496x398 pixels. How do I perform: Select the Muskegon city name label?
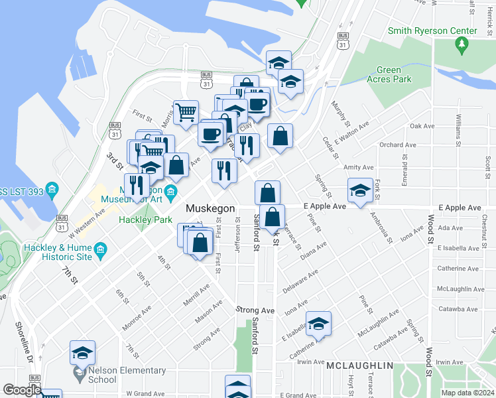pyautogui.click(x=210, y=208)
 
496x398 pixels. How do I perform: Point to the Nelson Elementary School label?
pyautogui.click(x=84, y=375)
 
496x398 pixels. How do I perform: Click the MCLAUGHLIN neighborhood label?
pyautogui.click(x=359, y=365)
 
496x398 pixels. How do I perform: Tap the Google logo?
pyautogui.click(x=22, y=390)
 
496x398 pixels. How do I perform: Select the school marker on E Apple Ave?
pyautogui.click(x=360, y=191)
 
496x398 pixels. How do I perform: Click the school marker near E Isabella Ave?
pyautogui.click(x=319, y=324)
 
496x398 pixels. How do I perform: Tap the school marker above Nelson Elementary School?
pyautogui.click(x=83, y=352)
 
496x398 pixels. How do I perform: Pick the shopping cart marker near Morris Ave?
pyautogui.click(x=186, y=112)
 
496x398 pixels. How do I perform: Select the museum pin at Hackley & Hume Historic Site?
pyautogui.click(x=101, y=249)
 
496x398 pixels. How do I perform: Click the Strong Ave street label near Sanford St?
pyautogui.click(x=255, y=310)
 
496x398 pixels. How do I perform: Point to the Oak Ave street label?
pyautogui.click(x=422, y=126)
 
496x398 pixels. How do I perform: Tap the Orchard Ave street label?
pyautogui.click(x=398, y=145)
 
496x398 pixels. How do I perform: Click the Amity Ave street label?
pyautogui.click(x=359, y=168)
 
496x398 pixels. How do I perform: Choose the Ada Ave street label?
pyautogui.click(x=450, y=228)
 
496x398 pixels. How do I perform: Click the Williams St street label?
pyautogui.click(x=458, y=130)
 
